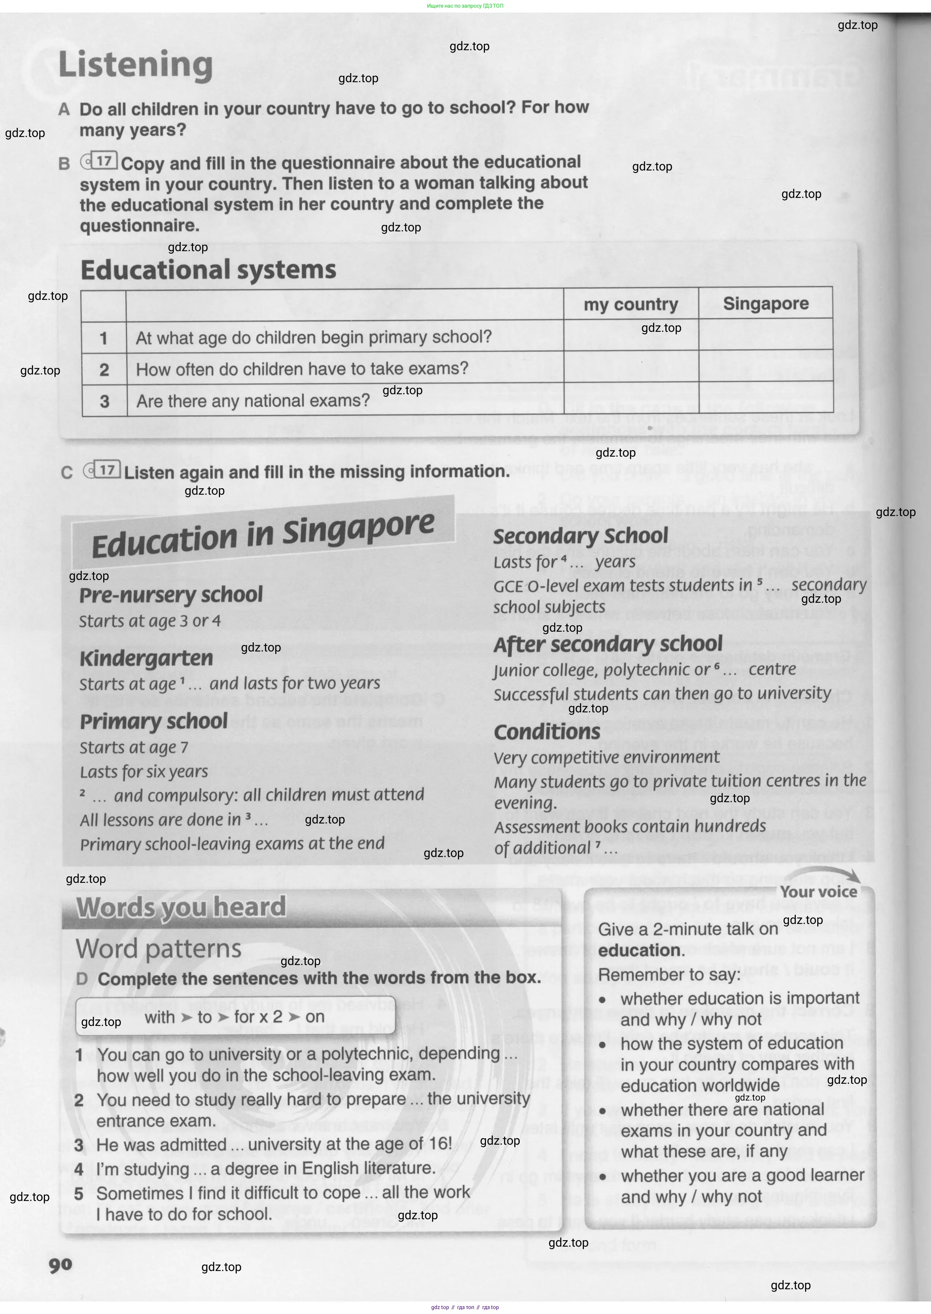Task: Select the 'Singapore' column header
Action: [765, 303]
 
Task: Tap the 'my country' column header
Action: [631, 304]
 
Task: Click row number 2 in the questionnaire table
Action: [104, 370]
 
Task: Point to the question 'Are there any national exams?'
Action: [253, 401]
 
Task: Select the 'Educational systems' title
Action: [208, 269]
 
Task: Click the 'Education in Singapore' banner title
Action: [263, 535]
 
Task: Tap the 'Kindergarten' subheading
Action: [146, 658]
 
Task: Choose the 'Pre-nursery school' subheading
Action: [171, 595]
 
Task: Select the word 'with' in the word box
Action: [159, 1017]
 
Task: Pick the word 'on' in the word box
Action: [315, 1016]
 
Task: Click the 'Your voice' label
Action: [818, 892]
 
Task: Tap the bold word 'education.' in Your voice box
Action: [641, 950]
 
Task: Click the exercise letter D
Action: [82, 979]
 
